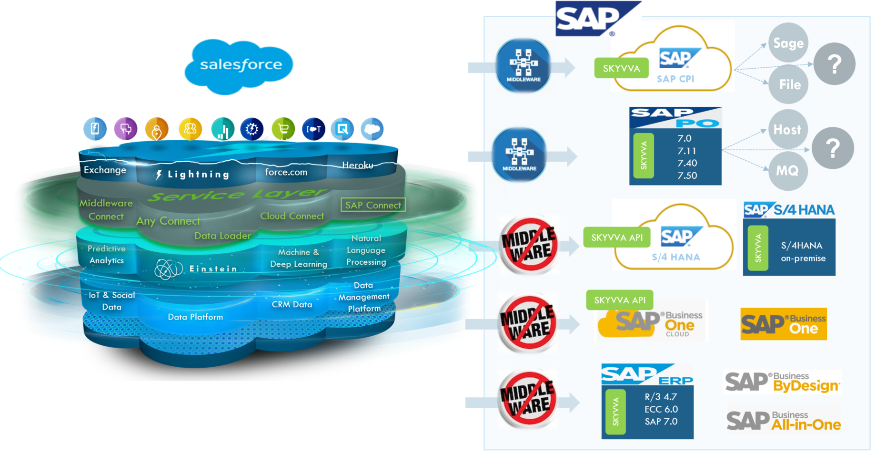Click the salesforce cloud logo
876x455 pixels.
pyautogui.click(x=240, y=66)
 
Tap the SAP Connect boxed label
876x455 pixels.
pyautogui.click(x=373, y=205)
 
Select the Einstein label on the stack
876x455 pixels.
pyautogui.click(x=212, y=269)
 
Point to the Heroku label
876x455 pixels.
pyautogui.click(x=358, y=165)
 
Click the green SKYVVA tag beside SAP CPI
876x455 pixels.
pyautogui.click(x=621, y=68)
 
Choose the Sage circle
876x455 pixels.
pyautogui.click(x=788, y=43)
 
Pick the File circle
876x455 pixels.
pyautogui.click(x=789, y=84)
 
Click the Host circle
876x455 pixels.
pyautogui.click(x=787, y=129)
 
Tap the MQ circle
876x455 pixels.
pyautogui.click(x=787, y=170)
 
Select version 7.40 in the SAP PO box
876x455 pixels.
pyautogui.click(x=687, y=163)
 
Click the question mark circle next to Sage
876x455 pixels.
pyautogui.click(x=834, y=64)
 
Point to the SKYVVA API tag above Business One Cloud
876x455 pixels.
pyautogui.click(x=619, y=300)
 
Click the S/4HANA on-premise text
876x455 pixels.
pyautogui.click(x=803, y=251)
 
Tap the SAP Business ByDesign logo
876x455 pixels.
pyautogui.click(x=782, y=382)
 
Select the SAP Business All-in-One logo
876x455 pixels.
pyautogui.click(x=783, y=421)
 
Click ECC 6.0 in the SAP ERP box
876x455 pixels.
pyautogui.click(x=661, y=409)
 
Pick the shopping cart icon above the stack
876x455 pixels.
pyautogui.click(x=283, y=129)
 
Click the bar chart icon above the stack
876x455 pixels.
pyautogui.click(x=222, y=129)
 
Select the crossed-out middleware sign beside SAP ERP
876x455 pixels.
pyautogui.click(x=528, y=399)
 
